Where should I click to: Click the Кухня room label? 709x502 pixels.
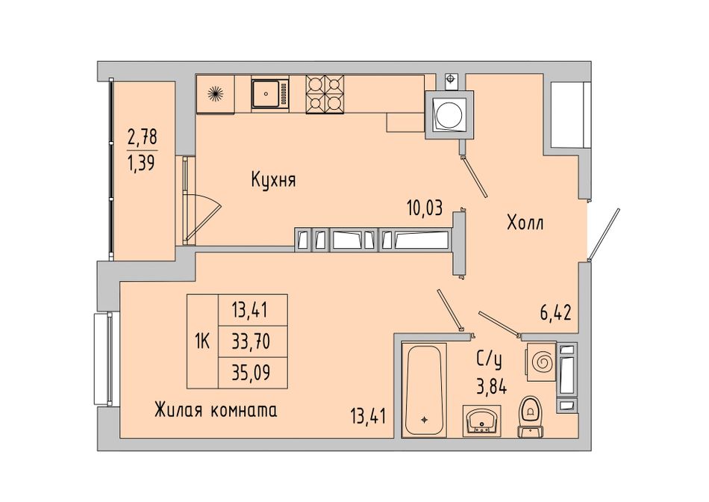[273, 181]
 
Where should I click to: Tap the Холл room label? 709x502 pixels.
[525, 223]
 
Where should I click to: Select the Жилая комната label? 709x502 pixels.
[216, 411]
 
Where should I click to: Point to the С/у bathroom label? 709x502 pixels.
[490, 360]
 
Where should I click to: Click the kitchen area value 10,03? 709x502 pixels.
[424, 208]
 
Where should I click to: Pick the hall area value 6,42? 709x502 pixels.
[556, 313]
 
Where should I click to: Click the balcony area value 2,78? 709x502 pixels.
[142, 136]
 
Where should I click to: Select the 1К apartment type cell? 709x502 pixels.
[202, 341]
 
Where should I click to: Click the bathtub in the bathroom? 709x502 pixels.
[424, 390]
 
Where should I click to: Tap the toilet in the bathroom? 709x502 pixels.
[531, 417]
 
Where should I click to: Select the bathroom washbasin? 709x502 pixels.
[481, 421]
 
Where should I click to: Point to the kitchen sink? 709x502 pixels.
[270, 93]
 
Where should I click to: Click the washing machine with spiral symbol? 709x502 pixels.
[540, 362]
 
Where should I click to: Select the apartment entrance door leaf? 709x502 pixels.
[604, 235]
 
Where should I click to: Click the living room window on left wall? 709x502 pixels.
[104, 359]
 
